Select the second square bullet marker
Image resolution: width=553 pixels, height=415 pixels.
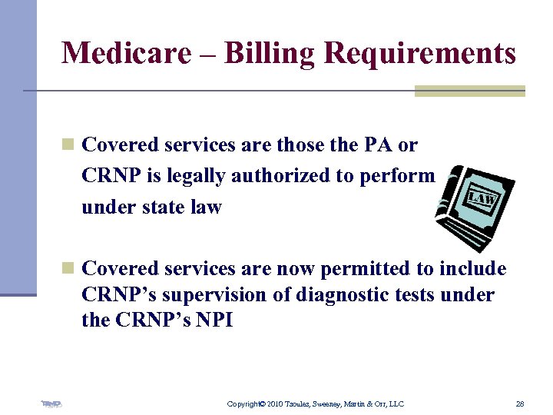68,269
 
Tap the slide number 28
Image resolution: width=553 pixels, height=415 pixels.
520,403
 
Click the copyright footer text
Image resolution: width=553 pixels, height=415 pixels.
316,403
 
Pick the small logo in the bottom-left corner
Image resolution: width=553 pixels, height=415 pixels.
51,403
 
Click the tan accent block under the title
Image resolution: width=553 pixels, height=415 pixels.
469,91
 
